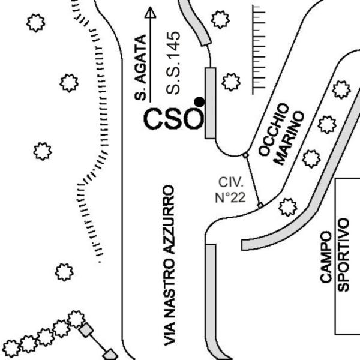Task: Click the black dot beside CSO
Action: pos(200,102)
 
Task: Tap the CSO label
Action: pos(174,119)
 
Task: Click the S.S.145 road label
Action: pos(173,63)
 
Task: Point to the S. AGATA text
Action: pos(140,67)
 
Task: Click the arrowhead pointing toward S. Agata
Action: pos(151,13)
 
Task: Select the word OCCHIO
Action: pos(274,130)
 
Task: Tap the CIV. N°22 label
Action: pos(230,190)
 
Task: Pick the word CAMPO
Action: pos(326,257)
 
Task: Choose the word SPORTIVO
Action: pos(343,255)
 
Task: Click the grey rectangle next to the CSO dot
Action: pos(211,103)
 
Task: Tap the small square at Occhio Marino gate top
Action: pos(245,155)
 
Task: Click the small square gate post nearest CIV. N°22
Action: pos(260,205)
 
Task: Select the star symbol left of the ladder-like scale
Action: pos(231,82)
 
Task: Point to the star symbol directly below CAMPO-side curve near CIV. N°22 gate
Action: pos(287,207)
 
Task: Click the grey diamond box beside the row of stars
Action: pos(86,330)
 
